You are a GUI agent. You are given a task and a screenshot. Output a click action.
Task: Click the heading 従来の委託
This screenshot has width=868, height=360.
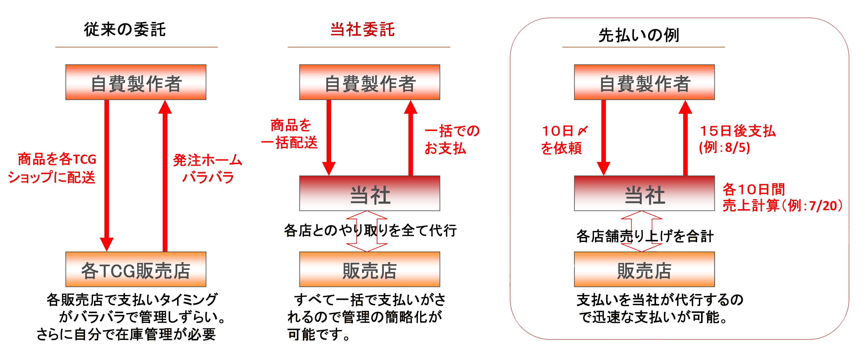(x=125, y=30)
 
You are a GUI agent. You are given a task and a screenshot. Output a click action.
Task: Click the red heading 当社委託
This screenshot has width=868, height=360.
(x=363, y=30)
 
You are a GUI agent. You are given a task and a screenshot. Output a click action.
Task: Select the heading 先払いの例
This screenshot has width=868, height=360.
(x=639, y=35)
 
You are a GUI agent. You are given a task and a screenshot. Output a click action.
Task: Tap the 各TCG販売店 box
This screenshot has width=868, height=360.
(x=136, y=270)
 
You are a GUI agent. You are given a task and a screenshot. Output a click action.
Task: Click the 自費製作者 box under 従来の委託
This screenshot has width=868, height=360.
(x=136, y=83)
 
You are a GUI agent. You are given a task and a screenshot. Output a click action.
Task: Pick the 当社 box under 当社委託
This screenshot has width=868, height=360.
(x=370, y=194)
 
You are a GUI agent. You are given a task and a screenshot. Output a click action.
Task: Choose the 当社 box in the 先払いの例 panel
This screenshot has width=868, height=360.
(x=644, y=194)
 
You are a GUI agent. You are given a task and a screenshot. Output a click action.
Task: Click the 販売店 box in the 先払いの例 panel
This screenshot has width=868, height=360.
(x=644, y=270)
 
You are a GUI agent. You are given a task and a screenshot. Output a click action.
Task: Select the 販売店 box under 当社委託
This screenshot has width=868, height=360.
(x=370, y=270)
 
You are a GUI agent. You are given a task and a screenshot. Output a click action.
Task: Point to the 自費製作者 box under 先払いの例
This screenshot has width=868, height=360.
(x=644, y=83)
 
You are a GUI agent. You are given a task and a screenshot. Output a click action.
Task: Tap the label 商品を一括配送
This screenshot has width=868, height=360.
(x=290, y=134)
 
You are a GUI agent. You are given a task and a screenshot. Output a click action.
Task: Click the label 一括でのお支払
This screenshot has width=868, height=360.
(x=452, y=139)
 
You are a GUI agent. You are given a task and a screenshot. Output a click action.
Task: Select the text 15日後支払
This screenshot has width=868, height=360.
(x=738, y=131)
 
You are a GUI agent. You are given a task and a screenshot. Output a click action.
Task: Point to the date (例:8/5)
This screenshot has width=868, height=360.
(x=724, y=147)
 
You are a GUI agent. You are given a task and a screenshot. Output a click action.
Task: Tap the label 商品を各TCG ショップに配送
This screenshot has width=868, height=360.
(x=52, y=168)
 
